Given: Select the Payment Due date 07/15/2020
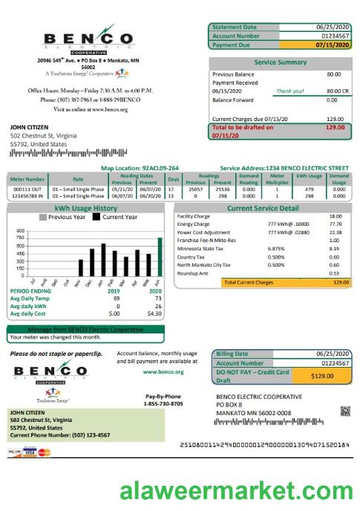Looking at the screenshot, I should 331,45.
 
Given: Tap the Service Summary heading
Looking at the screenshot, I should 281,62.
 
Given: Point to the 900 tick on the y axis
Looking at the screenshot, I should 20,231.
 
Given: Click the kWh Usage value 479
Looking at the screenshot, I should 310,189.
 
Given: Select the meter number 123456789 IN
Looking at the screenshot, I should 27,196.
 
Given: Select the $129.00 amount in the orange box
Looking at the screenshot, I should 322,377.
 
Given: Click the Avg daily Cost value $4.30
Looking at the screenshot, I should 154,313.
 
